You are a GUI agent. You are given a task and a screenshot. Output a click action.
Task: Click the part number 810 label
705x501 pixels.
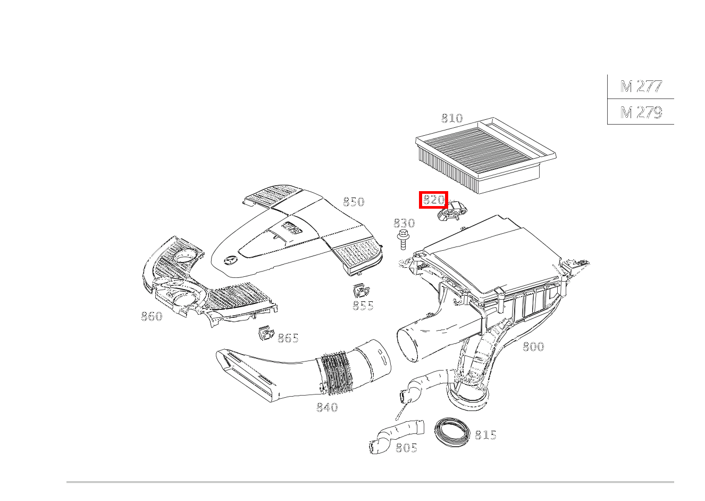pyautogui.click(x=452, y=118)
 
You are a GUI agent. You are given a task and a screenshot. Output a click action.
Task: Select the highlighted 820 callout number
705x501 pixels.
pyautogui.click(x=433, y=200)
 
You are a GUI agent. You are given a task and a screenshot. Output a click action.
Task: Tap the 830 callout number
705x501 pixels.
pyautogui.click(x=404, y=223)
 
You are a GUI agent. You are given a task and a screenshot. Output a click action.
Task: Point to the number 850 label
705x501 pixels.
pyautogui.click(x=354, y=202)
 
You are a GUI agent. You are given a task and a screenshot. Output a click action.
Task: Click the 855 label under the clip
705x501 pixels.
pyautogui.click(x=363, y=306)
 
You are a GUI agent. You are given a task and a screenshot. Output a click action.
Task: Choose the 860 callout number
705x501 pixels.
pyautogui.click(x=152, y=316)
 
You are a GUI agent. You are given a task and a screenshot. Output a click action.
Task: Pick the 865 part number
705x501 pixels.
pyautogui.click(x=288, y=338)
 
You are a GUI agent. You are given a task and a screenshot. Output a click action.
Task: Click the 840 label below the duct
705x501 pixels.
pyautogui.click(x=327, y=407)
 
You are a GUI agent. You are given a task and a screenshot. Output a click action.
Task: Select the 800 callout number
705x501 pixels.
pyautogui.click(x=533, y=347)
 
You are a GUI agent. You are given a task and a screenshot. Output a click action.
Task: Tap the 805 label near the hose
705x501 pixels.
pyautogui.click(x=406, y=448)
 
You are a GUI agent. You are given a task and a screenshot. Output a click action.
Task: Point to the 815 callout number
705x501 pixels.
pyautogui.click(x=485, y=435)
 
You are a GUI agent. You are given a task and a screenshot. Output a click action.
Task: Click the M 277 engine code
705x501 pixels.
pyautogui.click(x=641, y=86)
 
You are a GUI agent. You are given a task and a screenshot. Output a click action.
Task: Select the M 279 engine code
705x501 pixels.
pyautogui.click(x=641, y=112)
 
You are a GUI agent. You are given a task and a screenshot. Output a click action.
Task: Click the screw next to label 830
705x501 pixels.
pyautogui.click(x=404, y=239)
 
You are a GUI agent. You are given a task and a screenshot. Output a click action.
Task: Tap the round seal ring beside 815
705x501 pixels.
pyautogui.click(x=453, y=431)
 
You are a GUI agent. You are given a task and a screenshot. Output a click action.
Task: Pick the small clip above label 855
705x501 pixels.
pyautogui.click(x=361, y=291)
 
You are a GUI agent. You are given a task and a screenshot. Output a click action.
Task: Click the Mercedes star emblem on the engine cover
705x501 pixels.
pyautogui.click(x=230, y=261)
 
